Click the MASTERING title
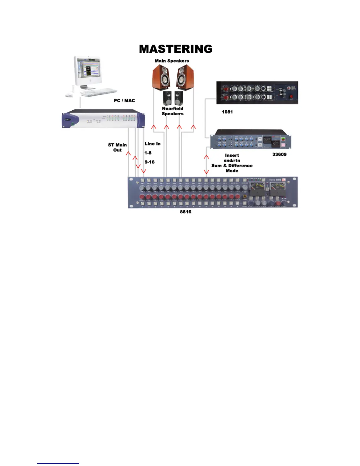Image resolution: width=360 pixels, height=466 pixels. [x=176, y=49]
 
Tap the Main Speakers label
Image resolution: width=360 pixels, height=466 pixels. [x=172, y=61]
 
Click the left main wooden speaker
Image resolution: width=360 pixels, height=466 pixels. [x=161, y=77]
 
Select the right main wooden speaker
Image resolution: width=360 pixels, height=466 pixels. [x=185, y=77]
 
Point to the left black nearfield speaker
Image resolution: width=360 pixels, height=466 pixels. [x=167, y=98]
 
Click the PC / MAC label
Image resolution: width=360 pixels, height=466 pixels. [x=124, y=101]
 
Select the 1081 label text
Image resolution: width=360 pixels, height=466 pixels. [x=227, y=112]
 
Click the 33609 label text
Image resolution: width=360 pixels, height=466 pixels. [x=279, y=154]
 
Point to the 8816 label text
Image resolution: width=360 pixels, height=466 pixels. [x=186, y=212]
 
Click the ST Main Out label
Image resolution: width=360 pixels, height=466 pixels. [x=117, y=147]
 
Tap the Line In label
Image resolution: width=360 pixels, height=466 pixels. [x=152, y=144]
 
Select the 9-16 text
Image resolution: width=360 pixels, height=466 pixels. [x=149, y=162]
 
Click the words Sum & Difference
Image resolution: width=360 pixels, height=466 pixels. [x=232, y=166]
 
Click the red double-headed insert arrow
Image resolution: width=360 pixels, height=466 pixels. [x=206, y=164]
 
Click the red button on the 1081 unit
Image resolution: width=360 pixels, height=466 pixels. [x=291, y=97]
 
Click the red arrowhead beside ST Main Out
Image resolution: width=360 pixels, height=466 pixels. [x=128, y=153]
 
